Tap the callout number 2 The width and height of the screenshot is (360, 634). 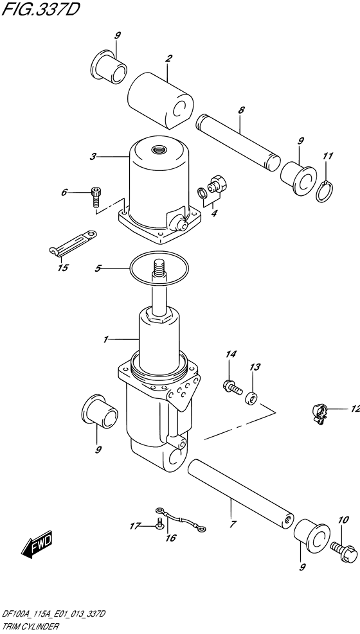(x=168, y=58)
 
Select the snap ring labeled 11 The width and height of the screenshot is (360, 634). (x=325, y=191)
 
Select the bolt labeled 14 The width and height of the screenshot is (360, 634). (x=232, y=387)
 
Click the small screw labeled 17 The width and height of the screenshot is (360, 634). (x=159, y=523)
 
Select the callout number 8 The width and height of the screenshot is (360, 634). (x=241, y=110)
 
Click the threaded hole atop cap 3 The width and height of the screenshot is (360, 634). (x=157, y=150)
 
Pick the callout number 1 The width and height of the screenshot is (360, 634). (x=105, y=339)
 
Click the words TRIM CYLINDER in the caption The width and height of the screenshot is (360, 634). (x=30, y=627)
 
